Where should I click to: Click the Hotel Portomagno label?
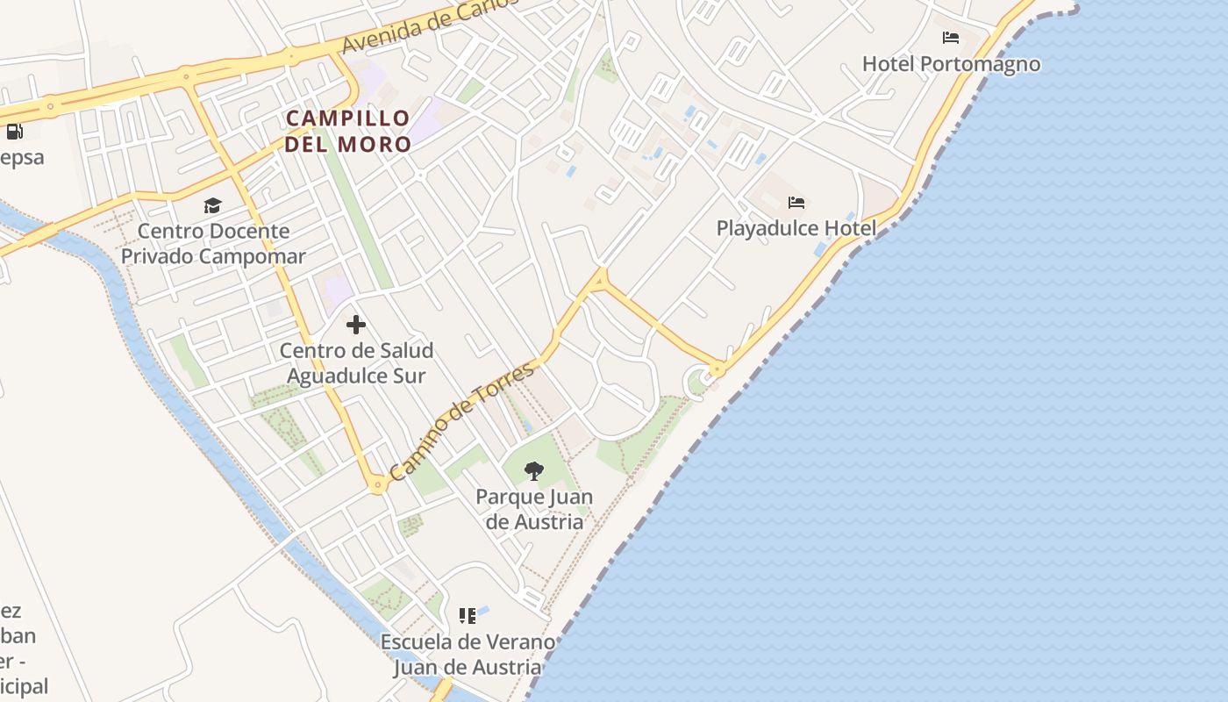pyautogui.click(x=951, y=64)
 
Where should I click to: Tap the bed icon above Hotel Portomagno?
pyautogui.click(x=951, y=38)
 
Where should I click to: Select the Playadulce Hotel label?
pyautogui.click(x=796, y=229)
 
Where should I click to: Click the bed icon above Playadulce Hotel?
pyautogui.click(x=796, y=203)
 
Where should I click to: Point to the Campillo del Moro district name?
pyautogui.click(x=348, y=131)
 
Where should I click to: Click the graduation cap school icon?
pyautogui.click(x=212, y=205)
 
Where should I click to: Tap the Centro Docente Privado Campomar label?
pyautogui.click(x=213, y=244)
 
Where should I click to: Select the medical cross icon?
pyautogui.click(x=355, y=325)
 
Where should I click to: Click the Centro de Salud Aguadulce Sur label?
pyautogui.click(x=356, y=363)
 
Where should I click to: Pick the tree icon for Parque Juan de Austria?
pyautogui.click(x=533, y=471)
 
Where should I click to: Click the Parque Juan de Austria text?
pyautogui.click(x=533, y=509)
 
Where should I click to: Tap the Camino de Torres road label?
pyautogui.click(x=461, y=420)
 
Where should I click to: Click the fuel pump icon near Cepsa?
pyautogui.click(x=14, y=133)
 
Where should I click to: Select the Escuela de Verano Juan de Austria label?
pyautogui.click(x=468, y=655)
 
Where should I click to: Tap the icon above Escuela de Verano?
pyautogui.click(x=468, y=616)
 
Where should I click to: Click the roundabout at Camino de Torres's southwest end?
pyautogui.click(x=378, y=484)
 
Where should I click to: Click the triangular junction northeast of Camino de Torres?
pyautogui.click(x=600, y=280)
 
